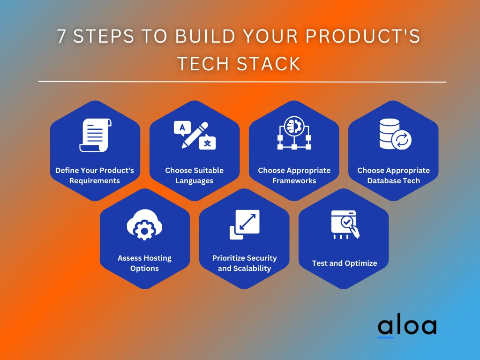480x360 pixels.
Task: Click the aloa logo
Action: pyautogui.click(x=406, y=326)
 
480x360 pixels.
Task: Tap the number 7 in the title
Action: pyautogui.click(x=62, y=37)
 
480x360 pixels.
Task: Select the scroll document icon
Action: pyautogui.click(x=95, y=135)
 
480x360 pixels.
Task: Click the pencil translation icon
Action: pyautogui.click(x=195, y=135)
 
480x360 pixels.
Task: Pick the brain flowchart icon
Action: pyautogui.click(x=294, y=134)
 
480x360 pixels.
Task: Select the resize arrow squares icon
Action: pyautogui.click(x=244, y=225)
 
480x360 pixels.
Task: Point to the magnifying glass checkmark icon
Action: pyautogui.click(x=345, y=225)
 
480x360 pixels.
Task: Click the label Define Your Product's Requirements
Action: pyautogui.click(x=95, y=175)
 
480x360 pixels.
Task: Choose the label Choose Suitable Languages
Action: pyautogui.click(x=195, y=175)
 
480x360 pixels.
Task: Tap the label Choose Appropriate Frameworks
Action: pyautogui.click(x=294, y=175)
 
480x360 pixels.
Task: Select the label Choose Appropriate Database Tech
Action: pyautogui.click(x=393, y=175)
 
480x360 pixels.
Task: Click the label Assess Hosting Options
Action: pyautogui.click(x=144, y=263)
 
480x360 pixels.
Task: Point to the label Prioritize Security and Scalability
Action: pyautogui.click(x=244, y=263)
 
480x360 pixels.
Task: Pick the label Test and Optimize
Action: pyautogui.click(x=345, y=263)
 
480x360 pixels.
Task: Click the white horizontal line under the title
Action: pyautogui.click(x=242, y=82)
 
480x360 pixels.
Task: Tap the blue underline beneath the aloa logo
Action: pyautogui.click(x=386, y=337)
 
